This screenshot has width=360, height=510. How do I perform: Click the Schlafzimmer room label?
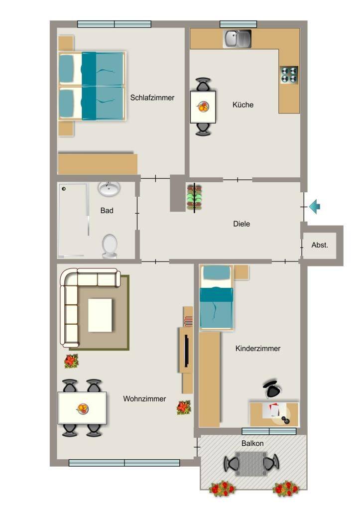pos(152,98)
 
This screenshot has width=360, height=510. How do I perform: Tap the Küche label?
pos(243,105)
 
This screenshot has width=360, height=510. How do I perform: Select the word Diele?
pos(241,224)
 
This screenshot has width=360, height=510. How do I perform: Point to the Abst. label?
pos(320,245)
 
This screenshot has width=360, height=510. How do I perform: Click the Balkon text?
pos(252,443)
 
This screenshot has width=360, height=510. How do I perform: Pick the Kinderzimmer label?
pos(258,348)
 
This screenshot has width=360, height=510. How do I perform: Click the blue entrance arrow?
pos(315,207)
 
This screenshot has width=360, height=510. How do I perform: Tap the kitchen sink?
pos(238,39)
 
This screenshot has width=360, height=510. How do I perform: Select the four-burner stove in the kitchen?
pos(289,75)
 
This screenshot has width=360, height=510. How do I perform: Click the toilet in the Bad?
pos(110,246)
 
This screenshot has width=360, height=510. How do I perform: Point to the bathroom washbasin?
pos(109,189)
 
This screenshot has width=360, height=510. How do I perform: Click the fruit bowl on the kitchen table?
pos(203,107)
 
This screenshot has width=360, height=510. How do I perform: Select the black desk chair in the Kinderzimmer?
pos(272,389)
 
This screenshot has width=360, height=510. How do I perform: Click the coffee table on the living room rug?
pos(100,315)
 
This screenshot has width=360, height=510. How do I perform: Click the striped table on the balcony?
pos(251,464)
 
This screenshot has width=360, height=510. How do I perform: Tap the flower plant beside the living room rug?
pos(71,361)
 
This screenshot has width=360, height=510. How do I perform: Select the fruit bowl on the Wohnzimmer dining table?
pos(82,408)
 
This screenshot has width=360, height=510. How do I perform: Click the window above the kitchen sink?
pos(239,24)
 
